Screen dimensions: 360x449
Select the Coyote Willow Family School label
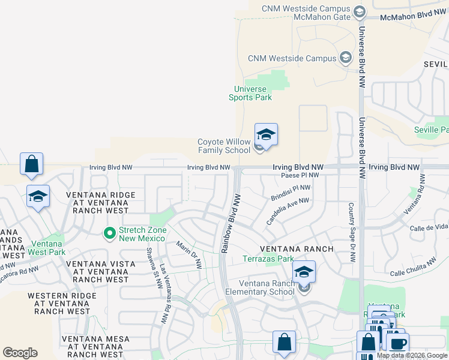pos(224,146)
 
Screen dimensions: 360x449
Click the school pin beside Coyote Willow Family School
pos(266,135)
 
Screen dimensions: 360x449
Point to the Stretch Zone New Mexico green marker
pos(109,233)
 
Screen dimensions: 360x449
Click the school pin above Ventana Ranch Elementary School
pos(304,272)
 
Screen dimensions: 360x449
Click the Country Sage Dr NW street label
pos(351,232)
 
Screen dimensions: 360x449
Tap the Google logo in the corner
pos(20,353)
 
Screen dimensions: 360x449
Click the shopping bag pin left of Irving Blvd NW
pos(31,164)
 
